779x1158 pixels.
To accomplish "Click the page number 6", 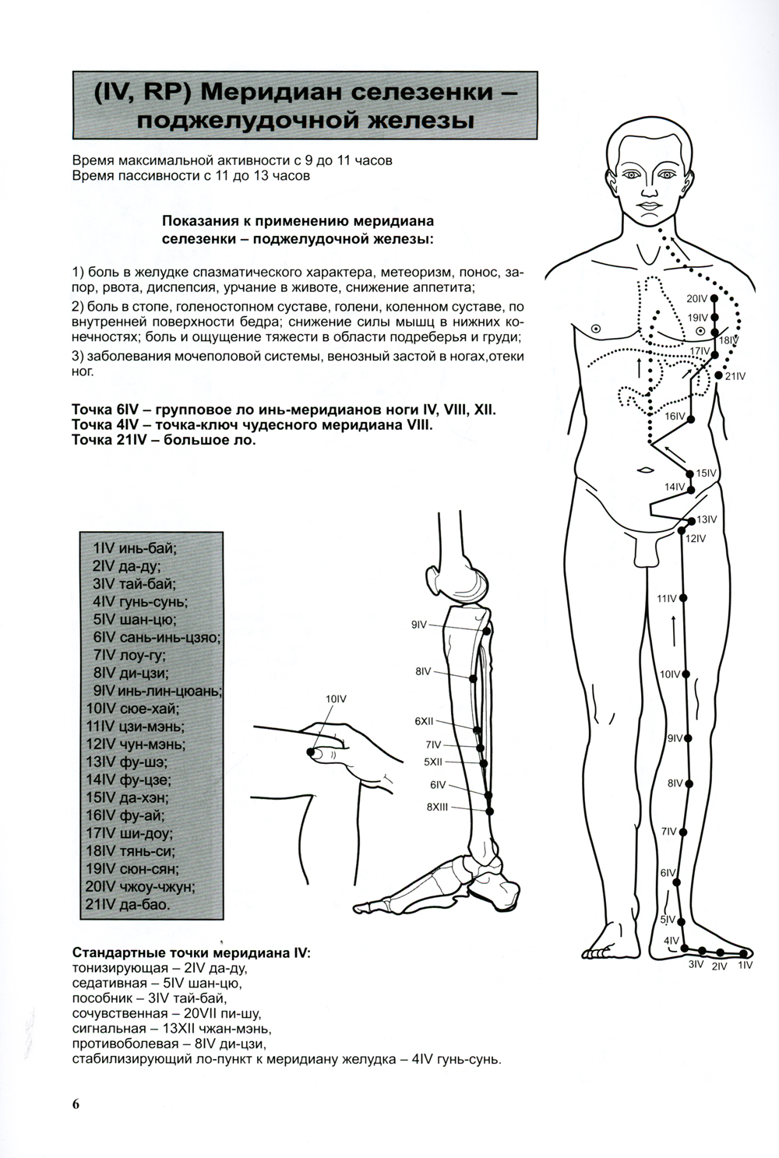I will (x=76, y=1103).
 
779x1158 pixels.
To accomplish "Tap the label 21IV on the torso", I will (x=735, y=376).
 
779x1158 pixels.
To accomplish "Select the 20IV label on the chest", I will (x=696, y=299).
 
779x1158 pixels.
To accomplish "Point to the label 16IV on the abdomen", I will (x=675, y=417).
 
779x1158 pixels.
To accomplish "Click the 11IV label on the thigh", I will (x=667, y=598).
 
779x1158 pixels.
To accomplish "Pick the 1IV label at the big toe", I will (x=746, y=965).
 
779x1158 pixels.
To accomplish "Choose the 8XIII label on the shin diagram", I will (x=437, y=808).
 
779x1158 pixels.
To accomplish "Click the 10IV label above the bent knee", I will (x=335, y=699).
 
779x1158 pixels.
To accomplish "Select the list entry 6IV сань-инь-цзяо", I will (x=156, y=637).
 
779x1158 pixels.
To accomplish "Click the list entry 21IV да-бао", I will (x=130, y=905).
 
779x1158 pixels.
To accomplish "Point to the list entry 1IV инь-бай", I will (x=134, y=547).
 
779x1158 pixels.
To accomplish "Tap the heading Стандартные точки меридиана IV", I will (x=191, y=953).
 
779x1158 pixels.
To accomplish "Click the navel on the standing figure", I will (x=645, y=470).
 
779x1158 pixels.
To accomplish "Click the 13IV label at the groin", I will (x=707, y=519).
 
